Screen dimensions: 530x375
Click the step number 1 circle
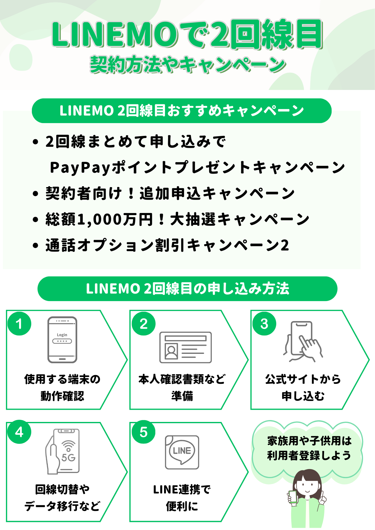tap(19, 324)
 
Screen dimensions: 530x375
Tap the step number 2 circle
tap(143, 324)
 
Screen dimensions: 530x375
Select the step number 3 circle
tap(264, 324)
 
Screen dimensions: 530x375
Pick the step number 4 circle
tap(19, 432)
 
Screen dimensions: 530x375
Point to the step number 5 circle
tap(143, 432)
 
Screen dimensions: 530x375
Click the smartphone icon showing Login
tap(62, 340)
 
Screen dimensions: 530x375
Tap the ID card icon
tap(185, 347)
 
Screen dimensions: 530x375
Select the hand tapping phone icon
tap(303, 342)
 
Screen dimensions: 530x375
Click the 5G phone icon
tap(63, 451)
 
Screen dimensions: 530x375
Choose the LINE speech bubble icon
tap(182, 452)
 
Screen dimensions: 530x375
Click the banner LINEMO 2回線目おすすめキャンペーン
tap(182, 111)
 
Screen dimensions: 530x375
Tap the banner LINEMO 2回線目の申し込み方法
tap(187, 289)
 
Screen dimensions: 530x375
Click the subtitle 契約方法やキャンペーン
tap(187, 65)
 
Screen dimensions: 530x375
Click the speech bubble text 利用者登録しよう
tap(309, 455)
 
